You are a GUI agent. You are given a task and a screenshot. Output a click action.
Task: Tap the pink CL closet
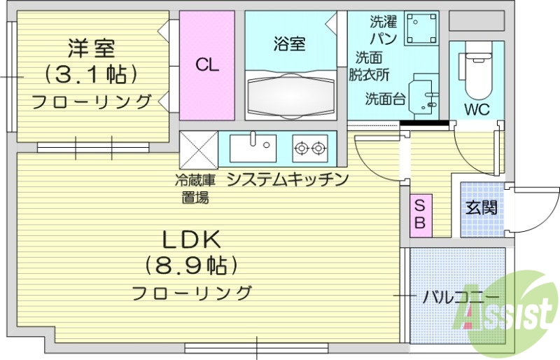click(207, 66)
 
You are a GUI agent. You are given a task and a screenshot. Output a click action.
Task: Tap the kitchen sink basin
click(253, 148)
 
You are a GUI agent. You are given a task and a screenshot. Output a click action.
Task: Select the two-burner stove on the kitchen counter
click(310, 148)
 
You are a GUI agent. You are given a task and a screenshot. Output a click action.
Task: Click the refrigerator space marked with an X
click(199, 148)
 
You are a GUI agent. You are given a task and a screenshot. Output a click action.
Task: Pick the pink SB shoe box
click(421, 215)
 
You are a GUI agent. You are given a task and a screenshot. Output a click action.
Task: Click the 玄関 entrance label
click(482, 207)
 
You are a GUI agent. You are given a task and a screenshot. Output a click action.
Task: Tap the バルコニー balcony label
click(456, 296)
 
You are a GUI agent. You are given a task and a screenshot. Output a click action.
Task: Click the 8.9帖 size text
click(192, 265)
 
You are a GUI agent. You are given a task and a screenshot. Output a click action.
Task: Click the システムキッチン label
click(288, 179)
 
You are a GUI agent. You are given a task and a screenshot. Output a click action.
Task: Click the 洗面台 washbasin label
click(385, 99)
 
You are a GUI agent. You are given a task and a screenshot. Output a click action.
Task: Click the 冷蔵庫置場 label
click(195, 188)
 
